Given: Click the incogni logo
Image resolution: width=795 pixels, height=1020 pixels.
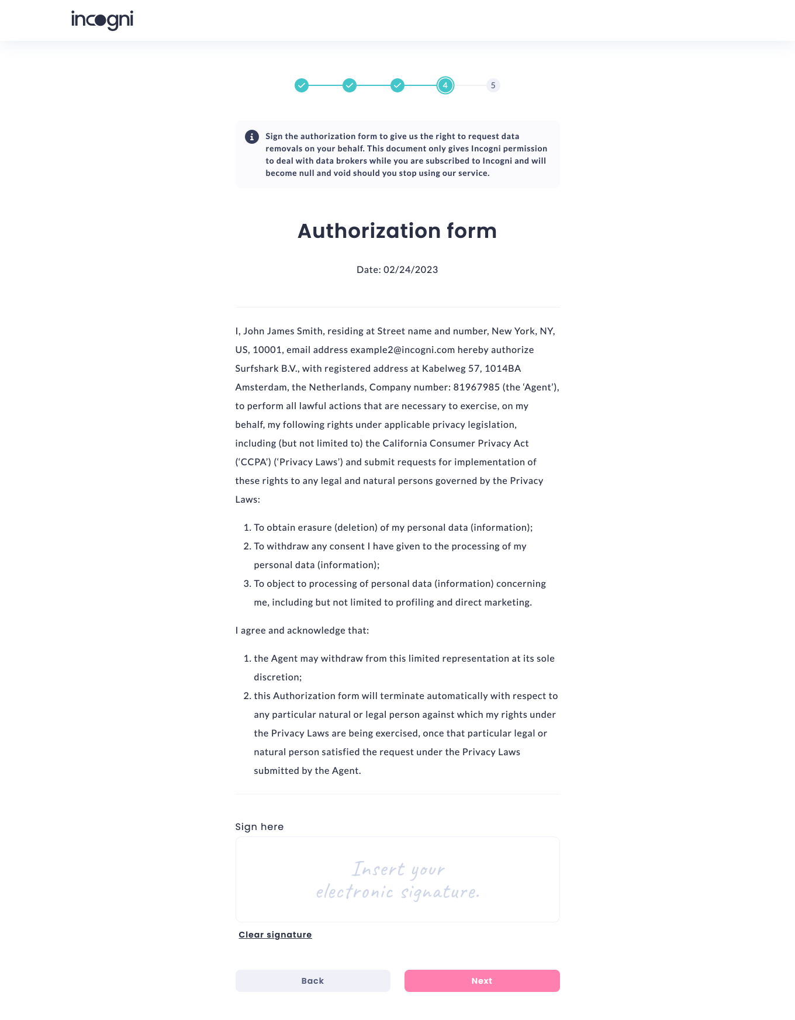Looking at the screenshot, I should (102, 20).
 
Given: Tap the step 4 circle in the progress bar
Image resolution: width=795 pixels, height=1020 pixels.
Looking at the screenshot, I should (445, 85).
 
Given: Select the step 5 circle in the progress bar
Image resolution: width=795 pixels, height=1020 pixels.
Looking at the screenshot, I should (493, 85).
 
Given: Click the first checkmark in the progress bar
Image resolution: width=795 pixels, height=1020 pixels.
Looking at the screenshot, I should (302, 85).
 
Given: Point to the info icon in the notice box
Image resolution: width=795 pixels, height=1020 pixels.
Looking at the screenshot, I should (251, 137).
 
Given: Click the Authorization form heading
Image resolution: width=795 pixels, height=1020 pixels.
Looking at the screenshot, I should (397, 231).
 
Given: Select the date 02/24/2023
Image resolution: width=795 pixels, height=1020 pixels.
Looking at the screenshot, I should (410, 269).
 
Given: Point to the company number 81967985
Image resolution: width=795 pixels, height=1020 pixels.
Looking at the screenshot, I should (476, 387).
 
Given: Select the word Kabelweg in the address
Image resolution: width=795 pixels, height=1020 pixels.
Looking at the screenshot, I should (444, 368).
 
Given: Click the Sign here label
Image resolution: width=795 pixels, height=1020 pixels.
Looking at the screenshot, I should (260, 827).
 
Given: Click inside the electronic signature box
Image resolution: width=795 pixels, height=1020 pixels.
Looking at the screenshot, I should (397, 879).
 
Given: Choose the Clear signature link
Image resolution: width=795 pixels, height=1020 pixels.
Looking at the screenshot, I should (275, 935).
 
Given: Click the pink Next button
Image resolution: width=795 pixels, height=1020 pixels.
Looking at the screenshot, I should (482, 981).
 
